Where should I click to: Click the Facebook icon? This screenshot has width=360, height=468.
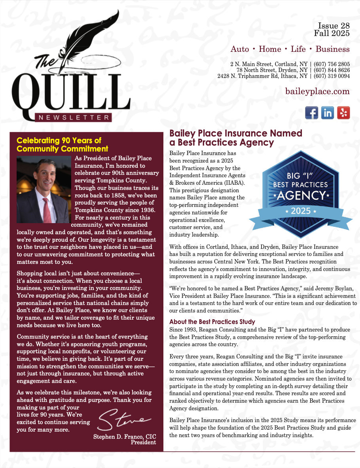click(x=312, y=113)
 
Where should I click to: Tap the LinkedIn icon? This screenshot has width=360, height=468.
click(x=328, y=113)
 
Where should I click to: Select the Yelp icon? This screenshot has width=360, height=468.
click(x=343, y=113)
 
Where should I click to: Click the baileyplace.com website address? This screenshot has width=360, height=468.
click(x=317, y=91)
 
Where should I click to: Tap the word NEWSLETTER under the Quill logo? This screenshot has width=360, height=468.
click(x=73, y=117)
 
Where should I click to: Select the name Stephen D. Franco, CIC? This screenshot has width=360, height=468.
click(x=125, y=437)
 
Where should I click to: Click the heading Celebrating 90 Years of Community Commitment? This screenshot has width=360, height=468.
click(x=62, y=145)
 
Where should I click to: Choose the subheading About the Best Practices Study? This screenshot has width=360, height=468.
click(x=212, y=322)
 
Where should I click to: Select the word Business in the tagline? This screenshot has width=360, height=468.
click(x=332, y=49)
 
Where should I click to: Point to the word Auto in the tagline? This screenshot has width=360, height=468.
click(x=240, y=49)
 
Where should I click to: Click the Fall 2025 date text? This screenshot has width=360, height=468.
click(x=332, y=33)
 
